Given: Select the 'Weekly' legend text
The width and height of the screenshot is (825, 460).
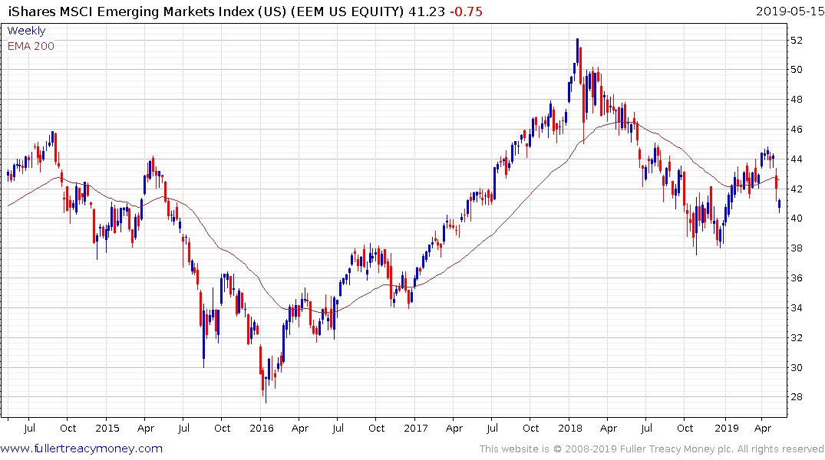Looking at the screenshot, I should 26,31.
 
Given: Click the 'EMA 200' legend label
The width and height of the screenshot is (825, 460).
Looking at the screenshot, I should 31,45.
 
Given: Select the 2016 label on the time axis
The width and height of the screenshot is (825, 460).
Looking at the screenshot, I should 262,428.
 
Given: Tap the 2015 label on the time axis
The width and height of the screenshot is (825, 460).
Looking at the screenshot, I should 107,428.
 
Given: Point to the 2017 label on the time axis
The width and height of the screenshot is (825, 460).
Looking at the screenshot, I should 416,428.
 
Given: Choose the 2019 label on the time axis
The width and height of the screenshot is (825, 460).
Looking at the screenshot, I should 726,428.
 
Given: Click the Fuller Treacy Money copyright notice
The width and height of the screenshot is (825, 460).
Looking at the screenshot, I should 652,449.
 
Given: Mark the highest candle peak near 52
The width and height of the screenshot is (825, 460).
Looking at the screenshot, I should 576,40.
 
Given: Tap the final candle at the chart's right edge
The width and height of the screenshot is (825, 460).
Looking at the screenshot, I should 780,205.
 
